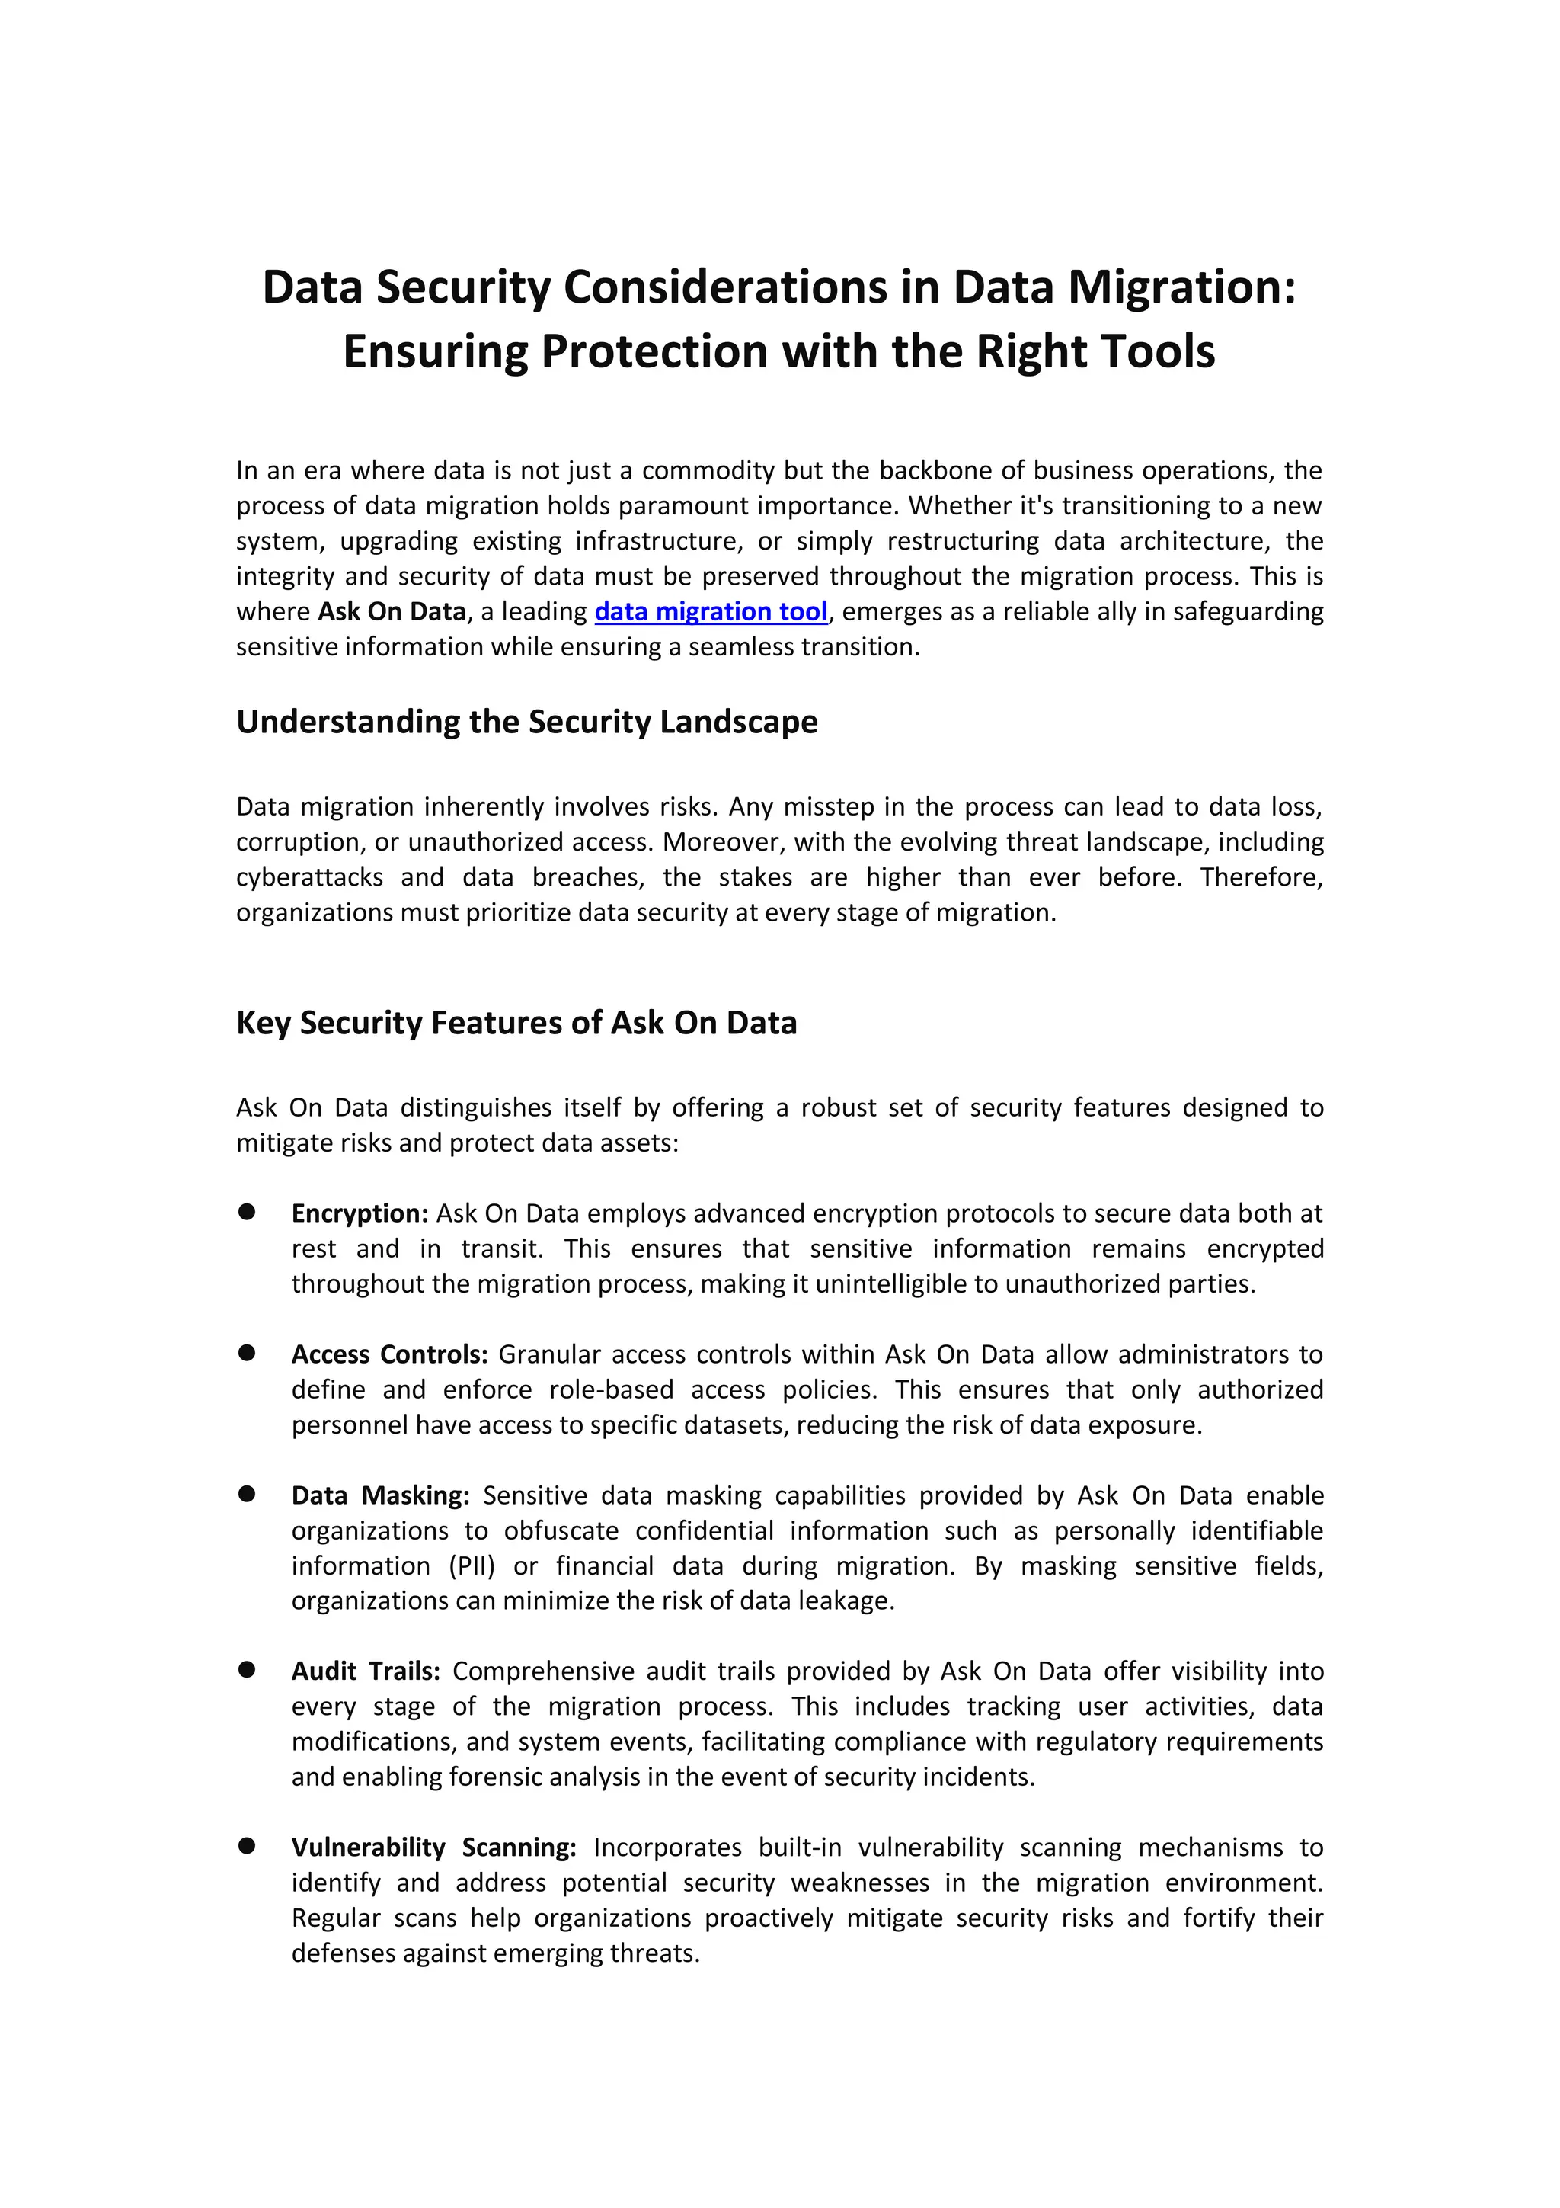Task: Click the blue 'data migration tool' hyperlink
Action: (711, 611)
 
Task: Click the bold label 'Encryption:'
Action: (360, 1213)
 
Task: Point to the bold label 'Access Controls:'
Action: (389, 1354)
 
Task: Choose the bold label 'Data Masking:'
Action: (379, 1495)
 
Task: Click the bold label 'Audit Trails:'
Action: (366, 1671)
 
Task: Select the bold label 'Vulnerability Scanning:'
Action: (433, 1847)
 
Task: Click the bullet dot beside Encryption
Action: (247, 1212)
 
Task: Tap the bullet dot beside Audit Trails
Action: (247, 1669)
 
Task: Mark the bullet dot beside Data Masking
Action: (247, 1494)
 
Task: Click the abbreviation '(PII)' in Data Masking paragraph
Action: (472, 1565)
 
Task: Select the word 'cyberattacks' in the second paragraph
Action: (308, 877)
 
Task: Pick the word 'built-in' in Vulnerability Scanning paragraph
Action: (799, 1847)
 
